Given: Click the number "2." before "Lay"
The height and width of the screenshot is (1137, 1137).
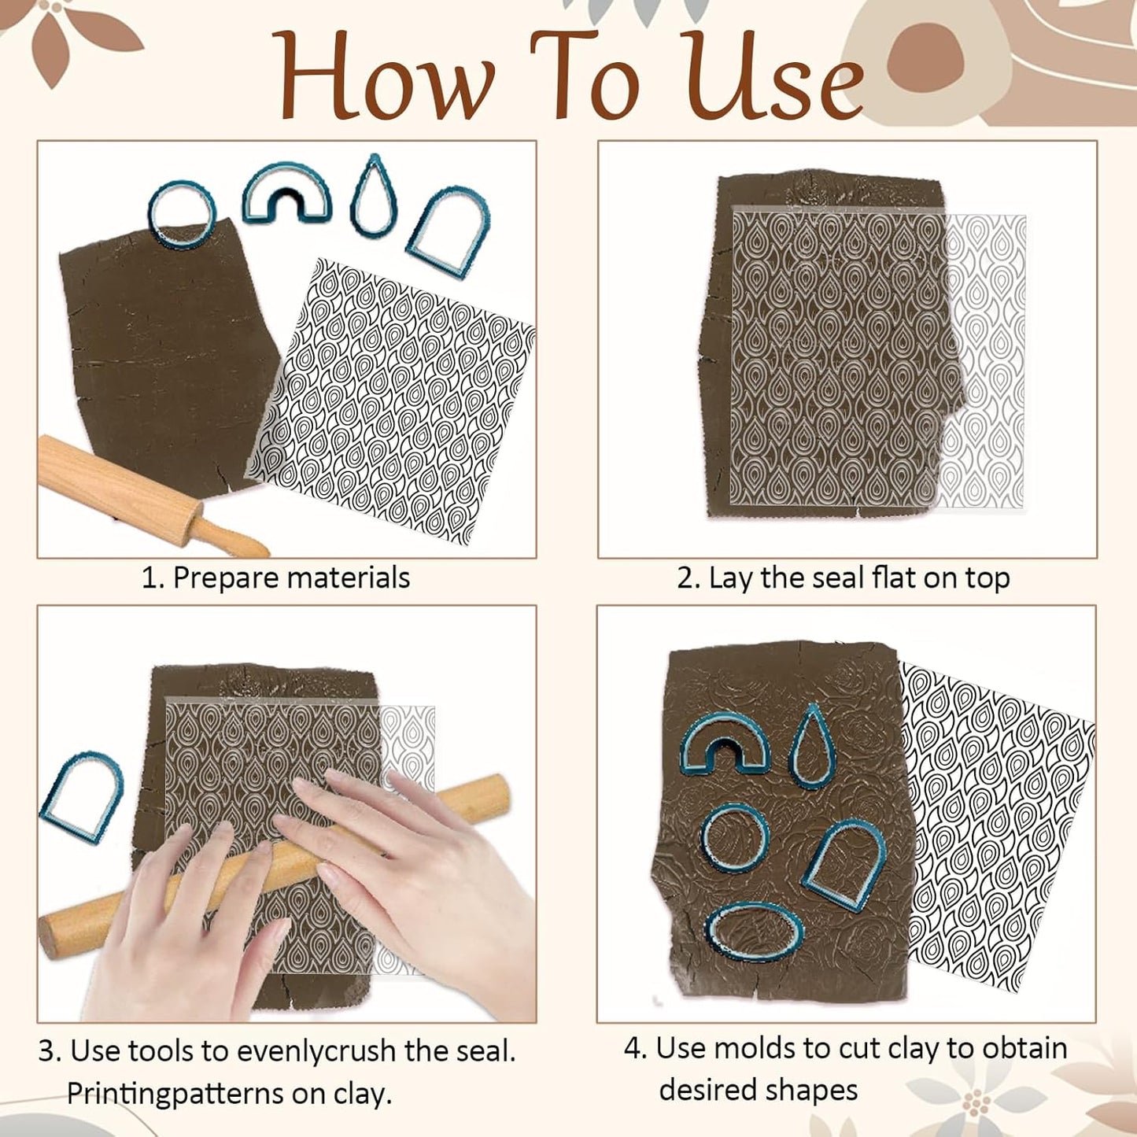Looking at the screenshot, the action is tap(688, 578).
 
